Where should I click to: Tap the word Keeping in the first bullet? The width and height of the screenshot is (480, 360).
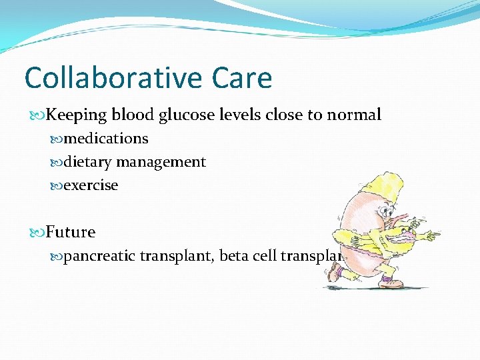tap(77, 115)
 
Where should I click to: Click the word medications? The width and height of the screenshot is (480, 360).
tap(106, 139)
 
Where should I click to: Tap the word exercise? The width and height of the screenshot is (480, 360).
tap(91, 185)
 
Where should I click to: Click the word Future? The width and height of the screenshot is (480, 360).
tap(71, 232)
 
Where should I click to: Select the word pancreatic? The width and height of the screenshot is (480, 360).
tap(102, 255)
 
